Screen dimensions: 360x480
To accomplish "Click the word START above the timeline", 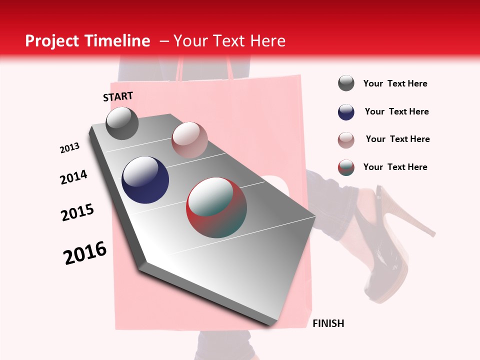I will (118, 96).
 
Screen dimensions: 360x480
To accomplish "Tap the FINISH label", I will (328, 323).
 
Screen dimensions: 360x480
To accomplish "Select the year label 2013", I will (69, 148).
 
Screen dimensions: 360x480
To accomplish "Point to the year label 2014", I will (73, 177).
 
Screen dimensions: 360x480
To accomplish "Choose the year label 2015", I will (77, 212).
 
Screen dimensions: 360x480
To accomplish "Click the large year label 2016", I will (85, 253).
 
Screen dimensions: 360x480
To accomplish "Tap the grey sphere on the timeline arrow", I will (122, 123).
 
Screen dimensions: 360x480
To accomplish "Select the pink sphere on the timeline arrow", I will (189, 140).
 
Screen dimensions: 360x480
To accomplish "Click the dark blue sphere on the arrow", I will (145, 180).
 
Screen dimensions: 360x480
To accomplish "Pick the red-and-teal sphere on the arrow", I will (216, 207).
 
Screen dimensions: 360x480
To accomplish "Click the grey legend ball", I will (346, 83).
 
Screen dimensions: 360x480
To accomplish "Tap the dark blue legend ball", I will (346, 112).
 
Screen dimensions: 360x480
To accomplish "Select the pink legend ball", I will (346, 140).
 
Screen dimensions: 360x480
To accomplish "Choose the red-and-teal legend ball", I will (346, 167).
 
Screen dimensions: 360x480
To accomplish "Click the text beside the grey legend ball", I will (395, 83).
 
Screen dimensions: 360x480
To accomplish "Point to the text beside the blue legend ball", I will (396, 111).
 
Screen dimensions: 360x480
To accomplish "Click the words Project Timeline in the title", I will (87, 41).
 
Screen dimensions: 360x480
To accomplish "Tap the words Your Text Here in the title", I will (229, 41).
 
